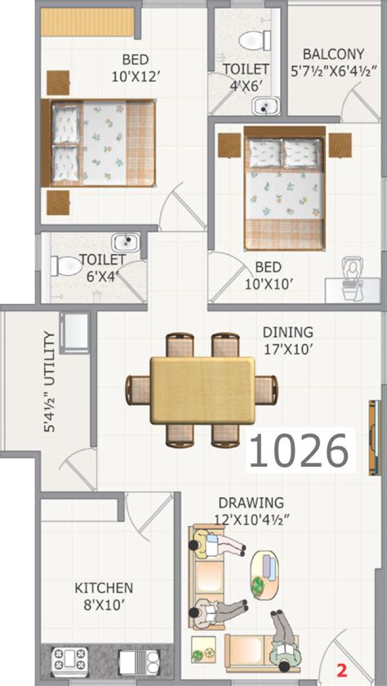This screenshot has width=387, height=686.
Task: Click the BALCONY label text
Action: (331, 52)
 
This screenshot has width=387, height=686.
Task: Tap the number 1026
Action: (300, 450)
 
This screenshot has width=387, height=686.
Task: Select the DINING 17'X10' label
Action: (287, 340)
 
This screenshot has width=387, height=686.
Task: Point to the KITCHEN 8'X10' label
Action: (104, 594)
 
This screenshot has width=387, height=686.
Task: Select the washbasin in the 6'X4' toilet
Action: (125, 241)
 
